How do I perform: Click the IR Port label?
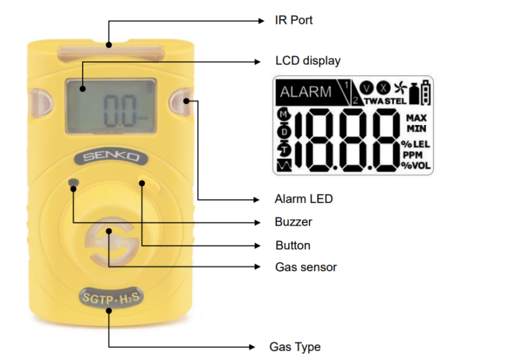[x=294, y=21]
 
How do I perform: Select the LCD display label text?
[x=308, y=61]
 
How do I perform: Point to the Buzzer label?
[x=293, y=222]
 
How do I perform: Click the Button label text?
[x=292, y=246]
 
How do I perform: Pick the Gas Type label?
[x=294, y=347]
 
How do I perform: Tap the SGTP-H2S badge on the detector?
[x=111, y=298]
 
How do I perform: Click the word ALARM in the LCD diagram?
[x=306, y=92]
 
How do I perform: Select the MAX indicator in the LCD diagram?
[x=417, y=118]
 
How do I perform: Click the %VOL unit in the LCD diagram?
[x=416, y=165]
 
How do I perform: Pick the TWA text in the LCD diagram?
[x=374, y=101]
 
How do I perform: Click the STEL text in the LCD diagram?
[x=396, y=101]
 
